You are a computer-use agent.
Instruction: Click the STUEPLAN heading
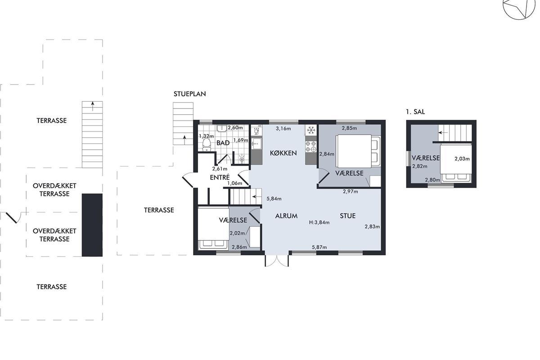click(190, 94)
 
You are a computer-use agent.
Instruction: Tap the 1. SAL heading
click(415, 112)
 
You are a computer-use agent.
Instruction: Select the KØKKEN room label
click(283, 153)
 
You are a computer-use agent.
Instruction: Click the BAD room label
click(223, 143)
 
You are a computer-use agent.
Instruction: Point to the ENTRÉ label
click(220, 177)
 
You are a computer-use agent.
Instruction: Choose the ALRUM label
click(286, 216)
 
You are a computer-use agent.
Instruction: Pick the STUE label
click(347, 216)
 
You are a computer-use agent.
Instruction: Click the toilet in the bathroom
click(207, 145)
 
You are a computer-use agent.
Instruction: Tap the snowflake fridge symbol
click(311, 130)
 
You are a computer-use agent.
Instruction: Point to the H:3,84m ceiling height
click(319, 222)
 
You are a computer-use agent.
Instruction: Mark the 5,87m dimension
click(319, 247)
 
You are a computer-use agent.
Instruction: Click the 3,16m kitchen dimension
click(283, 128)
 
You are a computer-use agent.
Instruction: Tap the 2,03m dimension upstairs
click(462, 159)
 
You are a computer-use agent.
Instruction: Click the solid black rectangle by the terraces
click(92, 225)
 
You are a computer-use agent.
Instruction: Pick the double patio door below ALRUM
click(277, 261)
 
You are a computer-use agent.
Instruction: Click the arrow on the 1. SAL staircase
click(443, 132)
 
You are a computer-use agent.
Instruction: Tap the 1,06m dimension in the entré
click(234, 183)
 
